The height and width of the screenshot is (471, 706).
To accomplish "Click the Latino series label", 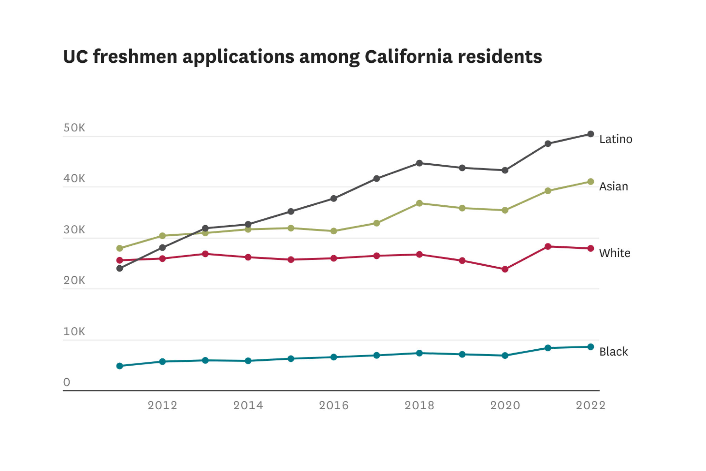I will (616, 139).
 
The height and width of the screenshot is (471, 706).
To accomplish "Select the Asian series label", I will (613, 186).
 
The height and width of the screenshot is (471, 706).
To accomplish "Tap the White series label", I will (614, 253).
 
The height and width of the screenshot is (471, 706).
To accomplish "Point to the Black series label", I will (613, 352).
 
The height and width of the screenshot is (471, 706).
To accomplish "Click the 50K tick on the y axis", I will (74, 128).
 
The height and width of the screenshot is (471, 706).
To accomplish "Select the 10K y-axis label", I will (74, 331).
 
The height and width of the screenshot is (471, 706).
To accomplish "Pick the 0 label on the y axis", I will (67, 382).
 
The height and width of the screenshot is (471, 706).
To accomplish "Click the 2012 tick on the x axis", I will (162, 405).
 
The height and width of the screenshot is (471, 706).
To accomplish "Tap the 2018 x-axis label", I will (419, 405).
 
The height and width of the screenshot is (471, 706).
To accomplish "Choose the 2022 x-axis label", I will (591, 405).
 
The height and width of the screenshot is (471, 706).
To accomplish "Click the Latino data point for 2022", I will (591, 134).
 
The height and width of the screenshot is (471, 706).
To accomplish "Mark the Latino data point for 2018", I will (419, 163).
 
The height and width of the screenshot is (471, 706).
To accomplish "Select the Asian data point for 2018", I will (419, 203).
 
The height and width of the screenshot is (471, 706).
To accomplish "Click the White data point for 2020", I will (505, 269).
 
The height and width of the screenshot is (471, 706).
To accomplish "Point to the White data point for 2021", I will (548, 246).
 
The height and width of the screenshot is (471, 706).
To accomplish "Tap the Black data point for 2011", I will (120, 366).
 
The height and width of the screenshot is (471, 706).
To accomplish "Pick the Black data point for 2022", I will (591, 347).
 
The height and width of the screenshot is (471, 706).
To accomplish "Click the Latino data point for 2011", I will (120, 268).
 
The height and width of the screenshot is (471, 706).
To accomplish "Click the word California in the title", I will (408, 57).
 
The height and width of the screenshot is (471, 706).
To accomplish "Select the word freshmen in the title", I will (135, 57).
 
